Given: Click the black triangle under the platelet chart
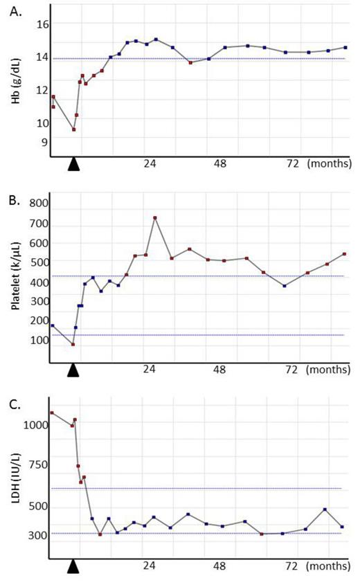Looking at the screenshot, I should tap(73, 370).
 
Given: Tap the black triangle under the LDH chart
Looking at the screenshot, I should tap(73, 567).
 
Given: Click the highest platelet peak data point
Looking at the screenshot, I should tap(155, 217).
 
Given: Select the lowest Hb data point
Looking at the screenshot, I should tap(73, 129).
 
